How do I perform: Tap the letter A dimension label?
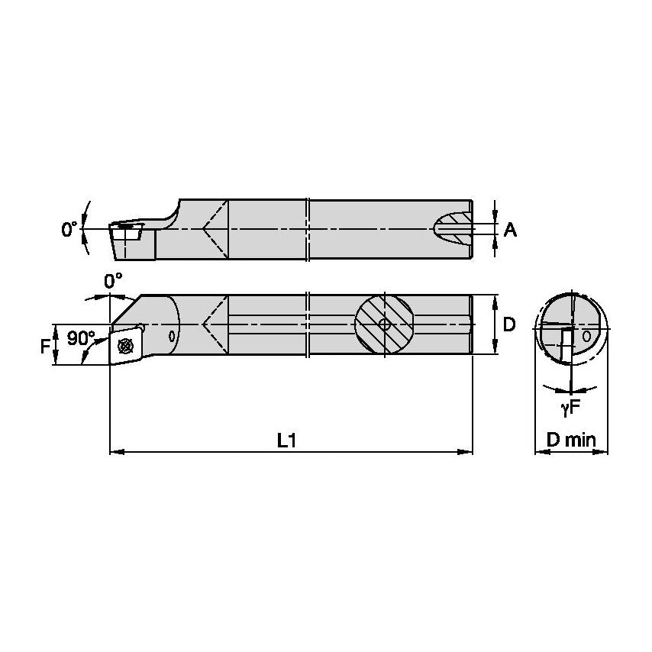[511, 229]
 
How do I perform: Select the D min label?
[570, 440]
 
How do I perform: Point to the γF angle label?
[570, 408]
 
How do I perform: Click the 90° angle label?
[81, 337]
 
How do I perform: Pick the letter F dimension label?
[44, 346]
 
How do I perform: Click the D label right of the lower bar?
[509, 324]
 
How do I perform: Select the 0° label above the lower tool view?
[114, 281]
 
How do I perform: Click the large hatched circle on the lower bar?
[385, 324]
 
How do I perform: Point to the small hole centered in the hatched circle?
[385, 324]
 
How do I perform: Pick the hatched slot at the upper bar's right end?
[452, 228]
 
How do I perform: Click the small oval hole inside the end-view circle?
[586, 335]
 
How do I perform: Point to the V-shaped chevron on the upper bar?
[215, 228]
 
